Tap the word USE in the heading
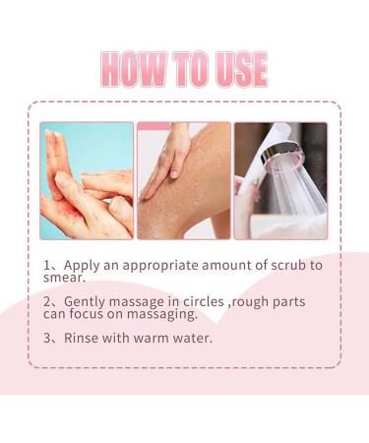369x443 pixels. (234, 69)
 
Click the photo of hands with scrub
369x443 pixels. (87, 180)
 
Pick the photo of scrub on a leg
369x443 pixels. (183, 180)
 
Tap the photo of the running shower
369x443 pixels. (280, 180)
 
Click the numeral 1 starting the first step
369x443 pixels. (48, 266)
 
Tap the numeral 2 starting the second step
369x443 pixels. (48, 300)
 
